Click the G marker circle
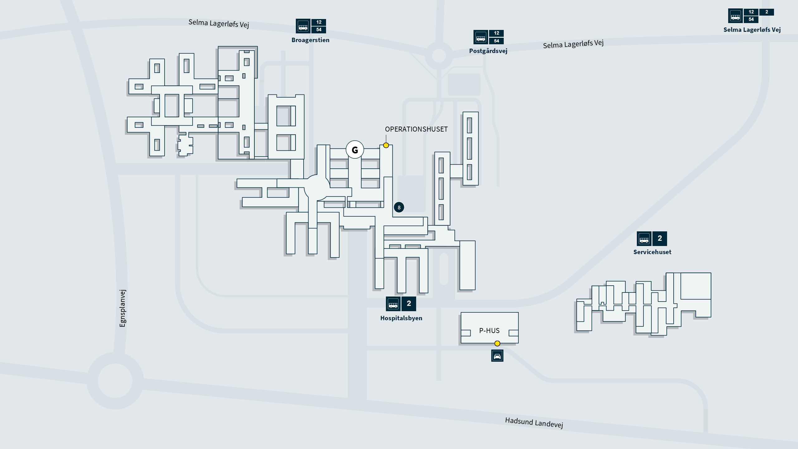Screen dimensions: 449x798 point(355,150)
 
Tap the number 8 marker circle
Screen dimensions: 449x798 point(399,207)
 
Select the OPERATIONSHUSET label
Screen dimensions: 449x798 point(416,129)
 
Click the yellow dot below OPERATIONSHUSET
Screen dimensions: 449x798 point(386,145)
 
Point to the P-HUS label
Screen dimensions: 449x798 point(489,331)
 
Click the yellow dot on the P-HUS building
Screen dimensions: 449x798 point(497,344)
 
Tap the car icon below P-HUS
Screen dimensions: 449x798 point(497,356)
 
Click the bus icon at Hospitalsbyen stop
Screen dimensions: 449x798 point(393,304)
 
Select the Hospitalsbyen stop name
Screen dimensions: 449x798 point(401,318)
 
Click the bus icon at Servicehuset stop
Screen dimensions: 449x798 point(644,239)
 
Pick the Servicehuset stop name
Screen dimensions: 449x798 point(652,252)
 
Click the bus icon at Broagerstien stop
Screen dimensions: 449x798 point(303,26)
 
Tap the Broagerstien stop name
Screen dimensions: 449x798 point(310,40)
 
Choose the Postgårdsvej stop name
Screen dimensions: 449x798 point(488,51)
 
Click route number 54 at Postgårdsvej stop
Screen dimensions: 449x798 point(497,41)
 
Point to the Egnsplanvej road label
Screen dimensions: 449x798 point(123,308)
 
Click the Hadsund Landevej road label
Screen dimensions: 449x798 point(534,423)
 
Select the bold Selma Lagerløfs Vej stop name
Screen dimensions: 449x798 point(752,30)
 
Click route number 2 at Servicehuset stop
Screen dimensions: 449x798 point(660,239)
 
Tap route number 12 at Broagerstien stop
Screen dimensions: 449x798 point(319,22)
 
